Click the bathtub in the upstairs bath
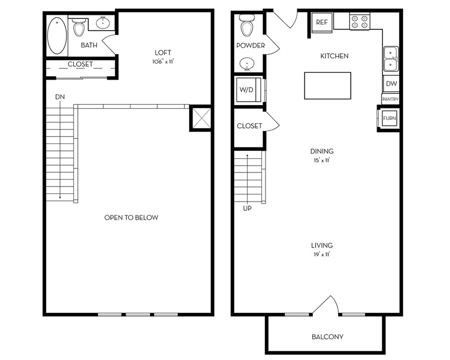pos(57,35)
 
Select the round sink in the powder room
pos(246,63)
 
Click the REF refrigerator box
pos(321,22)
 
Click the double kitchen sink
pos(391,59)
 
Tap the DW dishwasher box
pos(391,83)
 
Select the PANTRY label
pos(390,99)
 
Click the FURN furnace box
pos(389,118)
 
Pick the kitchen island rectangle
pos(327,85)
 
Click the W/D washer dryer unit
pos(248,89)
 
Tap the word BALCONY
pos(327,336)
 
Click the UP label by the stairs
pos(247,208)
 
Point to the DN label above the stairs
pos(60,97)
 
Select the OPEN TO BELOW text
pos(131,217)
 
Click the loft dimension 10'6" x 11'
pos(163,61)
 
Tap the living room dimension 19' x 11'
pos(321,254)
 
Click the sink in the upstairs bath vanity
pos(102,23)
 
